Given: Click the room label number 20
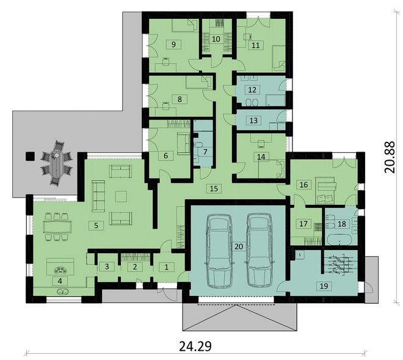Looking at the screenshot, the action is click(x=239, y=246).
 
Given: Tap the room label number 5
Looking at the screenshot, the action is click(x=96, y=226).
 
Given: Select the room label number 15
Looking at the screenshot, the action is click(x=214, y=188).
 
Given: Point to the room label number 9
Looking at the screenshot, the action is click(x=173, y=44).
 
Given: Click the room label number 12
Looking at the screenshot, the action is click(x=252, y=90).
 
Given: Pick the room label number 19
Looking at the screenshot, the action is click(x=324, y=285).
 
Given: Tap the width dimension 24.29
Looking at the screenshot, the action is click(x=195, y=346).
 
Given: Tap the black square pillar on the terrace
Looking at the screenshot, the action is click(x=30, y=156).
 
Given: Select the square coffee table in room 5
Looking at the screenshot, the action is click(x=120, y=196).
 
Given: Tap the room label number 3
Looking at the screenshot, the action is click(x=107, y=266).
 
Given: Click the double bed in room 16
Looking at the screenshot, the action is click(x=325, y=190).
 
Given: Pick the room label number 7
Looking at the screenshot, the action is click(x=205, y=152).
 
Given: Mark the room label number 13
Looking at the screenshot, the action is click(x=253, y=120).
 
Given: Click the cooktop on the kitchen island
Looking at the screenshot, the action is click(x=60, y=270).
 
